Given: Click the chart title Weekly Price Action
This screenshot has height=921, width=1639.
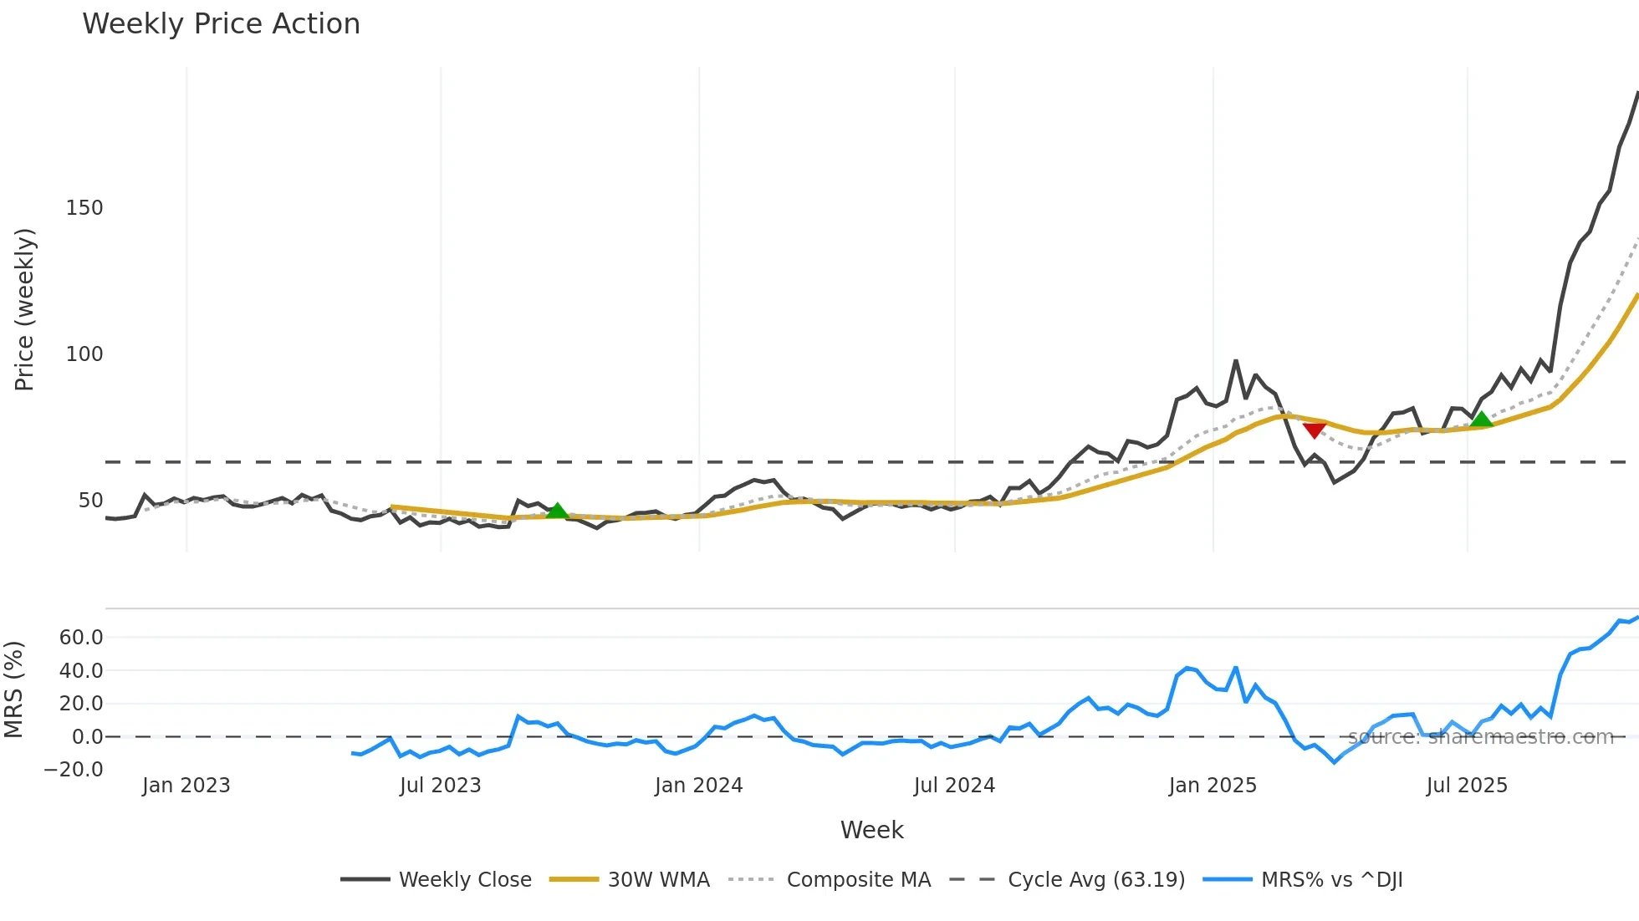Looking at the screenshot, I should click(221, 24).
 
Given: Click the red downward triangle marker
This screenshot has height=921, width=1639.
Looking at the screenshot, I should click(1314, 430).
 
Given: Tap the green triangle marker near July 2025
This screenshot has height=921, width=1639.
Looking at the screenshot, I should click(1481, 419).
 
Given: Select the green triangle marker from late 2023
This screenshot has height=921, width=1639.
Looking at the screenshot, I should click(557, 510).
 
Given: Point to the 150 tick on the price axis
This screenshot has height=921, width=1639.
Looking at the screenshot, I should click(84, 208).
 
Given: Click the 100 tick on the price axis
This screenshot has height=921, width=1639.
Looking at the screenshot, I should click(84, 354).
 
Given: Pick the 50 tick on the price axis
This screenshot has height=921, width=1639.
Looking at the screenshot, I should click(90, 501).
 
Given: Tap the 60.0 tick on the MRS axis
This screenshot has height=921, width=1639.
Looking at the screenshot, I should click(81, 638).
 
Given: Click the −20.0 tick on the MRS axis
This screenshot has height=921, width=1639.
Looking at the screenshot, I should click(74, 770).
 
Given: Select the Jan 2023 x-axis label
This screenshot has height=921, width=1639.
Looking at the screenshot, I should click(186, 786).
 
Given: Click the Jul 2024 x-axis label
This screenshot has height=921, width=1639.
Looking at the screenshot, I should click(954, 786).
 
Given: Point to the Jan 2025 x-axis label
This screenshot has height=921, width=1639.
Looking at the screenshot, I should click(1213, 786).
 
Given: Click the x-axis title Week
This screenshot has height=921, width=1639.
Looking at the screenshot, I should click(871, 830).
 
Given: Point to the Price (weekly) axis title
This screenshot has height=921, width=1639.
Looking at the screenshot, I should click(24, 309).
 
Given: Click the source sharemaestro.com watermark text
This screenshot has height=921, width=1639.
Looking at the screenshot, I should click(1480, 737).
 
